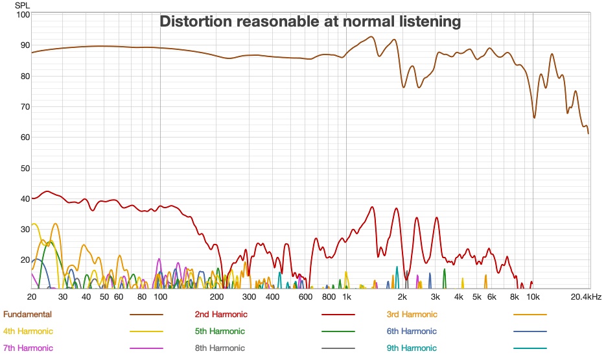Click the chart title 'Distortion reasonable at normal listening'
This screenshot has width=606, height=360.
coord(310,21)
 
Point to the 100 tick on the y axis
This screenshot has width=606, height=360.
coord(23,14)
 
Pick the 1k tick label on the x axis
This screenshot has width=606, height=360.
coord(347,296)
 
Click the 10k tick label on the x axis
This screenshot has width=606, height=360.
coord(533,296)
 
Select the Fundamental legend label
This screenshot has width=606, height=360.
coord(27,315)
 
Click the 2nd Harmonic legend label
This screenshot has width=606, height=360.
coord(221,315)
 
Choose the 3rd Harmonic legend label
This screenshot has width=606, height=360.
coord(412,315)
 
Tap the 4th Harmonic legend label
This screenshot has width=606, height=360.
coord(28,331)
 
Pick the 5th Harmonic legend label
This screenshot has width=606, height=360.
coord(220,331)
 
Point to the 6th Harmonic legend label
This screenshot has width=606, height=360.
coord(412,331)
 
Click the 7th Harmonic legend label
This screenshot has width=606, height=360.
coord(28,348)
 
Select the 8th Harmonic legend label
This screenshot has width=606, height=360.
coord(220,348)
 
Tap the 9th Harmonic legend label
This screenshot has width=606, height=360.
coord(412,348)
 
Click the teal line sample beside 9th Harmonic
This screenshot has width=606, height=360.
coord(530,348)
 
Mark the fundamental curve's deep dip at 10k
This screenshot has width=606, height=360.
coord(535,117)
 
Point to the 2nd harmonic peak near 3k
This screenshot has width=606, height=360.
coord(437,218)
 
